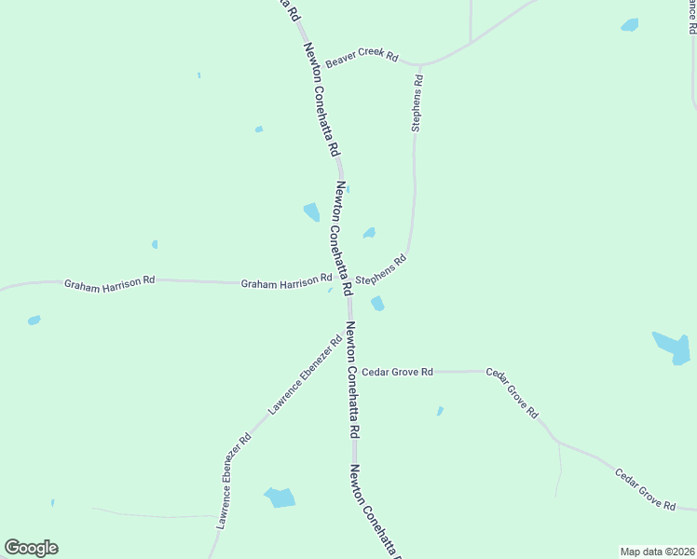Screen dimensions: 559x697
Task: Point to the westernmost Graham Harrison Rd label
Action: (109, 280)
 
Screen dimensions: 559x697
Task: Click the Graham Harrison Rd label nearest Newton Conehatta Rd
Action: (286, 280)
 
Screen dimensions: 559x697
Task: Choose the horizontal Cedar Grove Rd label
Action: (398, 372)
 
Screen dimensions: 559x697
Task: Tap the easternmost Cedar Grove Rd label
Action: (644, 489)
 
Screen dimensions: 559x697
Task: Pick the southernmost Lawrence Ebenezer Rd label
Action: (233, 482)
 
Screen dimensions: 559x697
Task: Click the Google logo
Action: (32, 548)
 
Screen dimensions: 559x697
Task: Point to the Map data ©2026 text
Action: (657, 552)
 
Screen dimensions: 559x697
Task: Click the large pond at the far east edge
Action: (672, 347)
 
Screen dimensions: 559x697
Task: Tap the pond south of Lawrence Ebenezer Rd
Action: (280, 498)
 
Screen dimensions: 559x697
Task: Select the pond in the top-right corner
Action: (630, 25)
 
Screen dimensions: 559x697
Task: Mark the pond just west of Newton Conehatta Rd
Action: (311, 212)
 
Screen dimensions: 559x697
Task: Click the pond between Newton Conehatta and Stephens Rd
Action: (369, 232)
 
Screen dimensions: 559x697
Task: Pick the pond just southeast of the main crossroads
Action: (377, 304)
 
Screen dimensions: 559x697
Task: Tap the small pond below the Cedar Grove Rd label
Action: (440, 410)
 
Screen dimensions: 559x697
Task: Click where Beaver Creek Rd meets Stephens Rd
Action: (419, 64)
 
